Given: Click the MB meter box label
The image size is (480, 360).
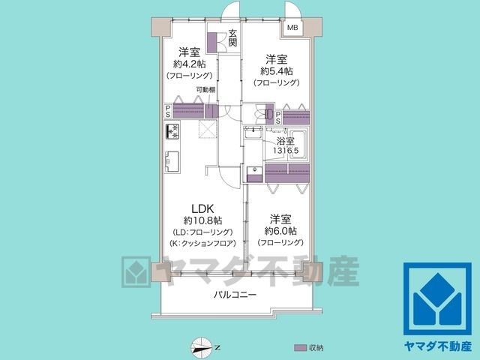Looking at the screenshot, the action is click(x=292, y=28).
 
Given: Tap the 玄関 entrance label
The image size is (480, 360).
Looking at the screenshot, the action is click(x=232, y=38).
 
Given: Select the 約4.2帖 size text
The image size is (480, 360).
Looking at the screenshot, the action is click(x=189, y=64).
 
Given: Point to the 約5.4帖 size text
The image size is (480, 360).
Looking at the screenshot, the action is click(x=277, y=71).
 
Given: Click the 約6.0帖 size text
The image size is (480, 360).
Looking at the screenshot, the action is click(x=280, y=231).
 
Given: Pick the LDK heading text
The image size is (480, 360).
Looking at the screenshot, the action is click(x=202, y=208).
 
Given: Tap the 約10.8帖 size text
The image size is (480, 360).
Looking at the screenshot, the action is click(x=203, y=220).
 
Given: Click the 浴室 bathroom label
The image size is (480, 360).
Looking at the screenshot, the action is click(x=286, y=141).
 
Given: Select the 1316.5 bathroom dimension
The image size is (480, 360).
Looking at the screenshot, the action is click(x=286, y=151).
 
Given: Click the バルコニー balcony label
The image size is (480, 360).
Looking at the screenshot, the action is click(x=235, y=295).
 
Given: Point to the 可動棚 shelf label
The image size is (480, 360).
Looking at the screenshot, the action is click(x=205, y=90).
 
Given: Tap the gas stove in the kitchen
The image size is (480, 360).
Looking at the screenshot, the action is click(x=172, y=131).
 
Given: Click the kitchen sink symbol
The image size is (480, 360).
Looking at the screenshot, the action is click(x=172, y=161).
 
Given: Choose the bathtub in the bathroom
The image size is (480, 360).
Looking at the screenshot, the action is click(x=299, y=145).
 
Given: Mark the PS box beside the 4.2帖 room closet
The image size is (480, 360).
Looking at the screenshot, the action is click(x=168, y=111).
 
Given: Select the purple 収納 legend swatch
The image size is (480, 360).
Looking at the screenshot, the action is click(x=300, y=348).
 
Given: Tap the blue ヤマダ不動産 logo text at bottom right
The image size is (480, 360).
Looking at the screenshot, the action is click(x=438, y=346).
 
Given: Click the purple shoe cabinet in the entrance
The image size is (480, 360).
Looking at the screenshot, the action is click(x=211, y=42).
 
